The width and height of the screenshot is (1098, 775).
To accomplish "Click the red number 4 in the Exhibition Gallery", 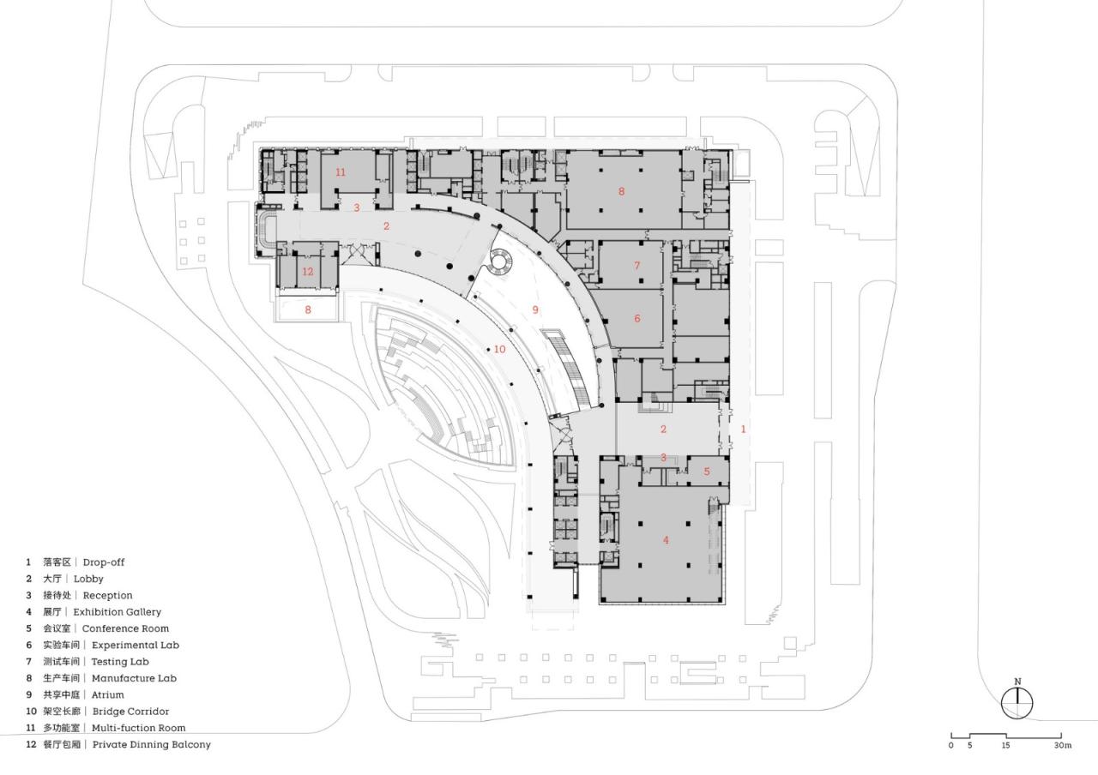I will [x=666, y=540].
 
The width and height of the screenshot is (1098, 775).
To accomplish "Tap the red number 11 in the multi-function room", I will [x=341, y=172].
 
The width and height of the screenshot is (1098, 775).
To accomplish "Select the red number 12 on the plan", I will [x=308, y=272].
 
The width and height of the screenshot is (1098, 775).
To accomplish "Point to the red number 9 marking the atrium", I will [x=535, y=309].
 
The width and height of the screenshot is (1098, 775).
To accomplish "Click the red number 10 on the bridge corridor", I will [x=499, y=349].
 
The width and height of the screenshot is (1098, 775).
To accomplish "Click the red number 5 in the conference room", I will [x=707, y=471].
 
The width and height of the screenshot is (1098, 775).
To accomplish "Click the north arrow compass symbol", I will [x=1017, y=704].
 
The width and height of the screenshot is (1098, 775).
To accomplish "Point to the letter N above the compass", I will [x=1017, y=682].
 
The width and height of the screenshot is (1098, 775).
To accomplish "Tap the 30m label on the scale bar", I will [x=1063, y=745].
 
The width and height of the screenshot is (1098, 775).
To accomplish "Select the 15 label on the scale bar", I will [x=1004, y=745].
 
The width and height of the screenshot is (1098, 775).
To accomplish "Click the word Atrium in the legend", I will [x=108, y=694].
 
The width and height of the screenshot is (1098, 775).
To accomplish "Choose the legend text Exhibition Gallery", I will [x=117, y=612].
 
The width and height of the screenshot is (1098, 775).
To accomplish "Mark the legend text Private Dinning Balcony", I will [x=151, y=744].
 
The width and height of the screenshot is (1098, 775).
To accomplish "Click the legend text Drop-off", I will [x=104, y=562].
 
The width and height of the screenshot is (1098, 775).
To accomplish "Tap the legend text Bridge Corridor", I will [x=130, y=712].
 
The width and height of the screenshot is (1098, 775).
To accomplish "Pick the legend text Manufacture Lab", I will [x=134, y=678].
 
